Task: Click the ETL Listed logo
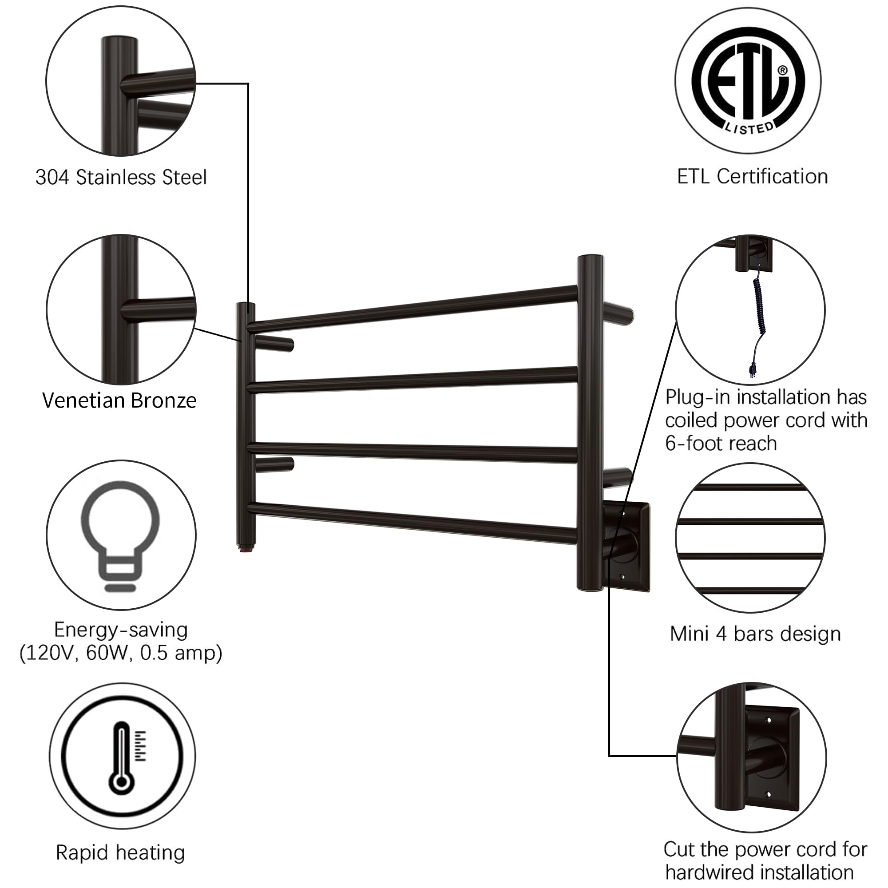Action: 748,81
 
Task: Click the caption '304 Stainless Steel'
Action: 121,177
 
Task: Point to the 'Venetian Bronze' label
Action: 119,400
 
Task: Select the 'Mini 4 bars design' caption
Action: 755,634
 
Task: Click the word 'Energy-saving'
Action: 121,630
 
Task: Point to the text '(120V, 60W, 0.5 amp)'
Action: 121,653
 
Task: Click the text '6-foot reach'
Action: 721,444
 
